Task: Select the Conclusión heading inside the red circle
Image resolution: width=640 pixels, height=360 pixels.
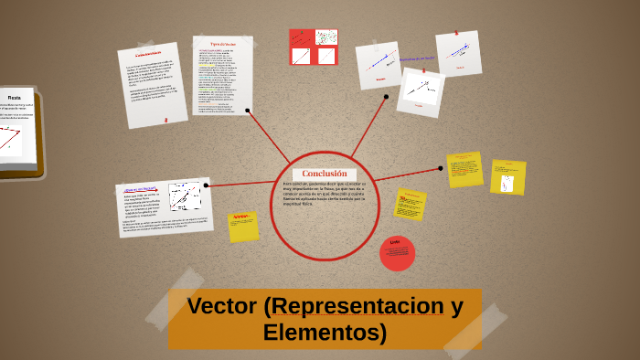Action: click(x=325, y=174)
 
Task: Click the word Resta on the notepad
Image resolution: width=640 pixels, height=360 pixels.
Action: click(x=15, y=97)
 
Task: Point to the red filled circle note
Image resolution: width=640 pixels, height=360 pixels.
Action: click(x=397, y=253)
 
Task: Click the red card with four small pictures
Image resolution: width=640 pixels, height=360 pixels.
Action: click(x=313, y=47)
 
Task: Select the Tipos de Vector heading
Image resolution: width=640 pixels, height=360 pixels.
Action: click(x=223, y=44)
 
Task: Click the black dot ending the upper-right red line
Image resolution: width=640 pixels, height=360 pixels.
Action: click(x=387, y=96)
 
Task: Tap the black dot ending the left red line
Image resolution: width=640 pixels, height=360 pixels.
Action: click(x=206, y=185)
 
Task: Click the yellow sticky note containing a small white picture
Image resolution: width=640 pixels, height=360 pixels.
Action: click(x=507, y=178)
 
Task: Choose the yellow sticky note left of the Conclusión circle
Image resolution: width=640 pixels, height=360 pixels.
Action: click(x=243, y=226)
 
